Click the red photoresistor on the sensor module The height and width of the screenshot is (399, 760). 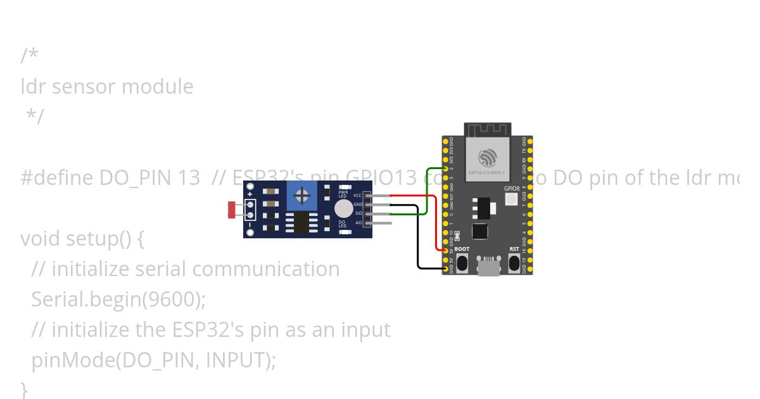(x=232, y=209)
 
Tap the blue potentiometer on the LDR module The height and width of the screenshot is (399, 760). (x=302, y=196)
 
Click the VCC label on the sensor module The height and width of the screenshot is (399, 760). (x=358, y=196)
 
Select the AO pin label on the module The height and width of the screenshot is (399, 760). (x=358, y=223)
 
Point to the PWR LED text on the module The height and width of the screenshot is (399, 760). (x=343, y=193)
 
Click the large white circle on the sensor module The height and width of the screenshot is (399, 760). (x=343, y=208)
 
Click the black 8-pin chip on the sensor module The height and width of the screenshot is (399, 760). (x=296, y=223)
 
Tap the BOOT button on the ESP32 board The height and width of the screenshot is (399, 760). (x=462, y=262)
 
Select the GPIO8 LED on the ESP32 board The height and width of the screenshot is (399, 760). (x=512, y=199)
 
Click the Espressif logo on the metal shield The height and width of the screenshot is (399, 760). (x=487, y=156)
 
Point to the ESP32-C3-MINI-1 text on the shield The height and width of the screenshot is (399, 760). (x=487, y=172)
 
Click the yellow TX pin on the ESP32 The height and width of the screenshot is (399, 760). (x=530, y=151)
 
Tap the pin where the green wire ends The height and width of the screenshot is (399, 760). (x=445, y=169)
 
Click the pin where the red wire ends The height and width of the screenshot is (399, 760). (x=445, y=251)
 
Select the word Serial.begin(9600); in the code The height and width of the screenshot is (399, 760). (x=118, y=300)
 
